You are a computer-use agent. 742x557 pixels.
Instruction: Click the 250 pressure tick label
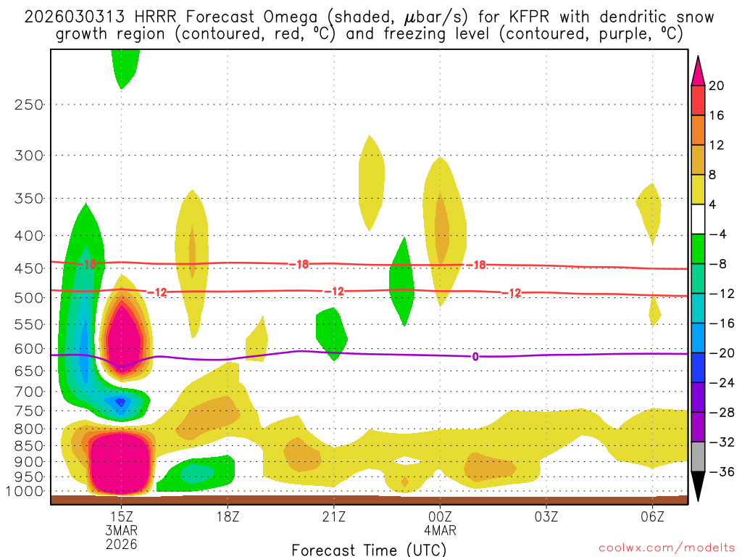29,104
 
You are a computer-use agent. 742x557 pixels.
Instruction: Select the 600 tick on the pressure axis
29,349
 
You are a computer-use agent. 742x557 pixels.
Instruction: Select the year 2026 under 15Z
121,543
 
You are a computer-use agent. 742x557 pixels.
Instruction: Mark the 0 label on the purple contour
475,356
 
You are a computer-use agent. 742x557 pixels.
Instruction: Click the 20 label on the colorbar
717,86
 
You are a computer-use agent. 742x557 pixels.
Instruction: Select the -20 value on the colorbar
720,353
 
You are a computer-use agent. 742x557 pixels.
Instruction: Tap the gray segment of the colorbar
698,457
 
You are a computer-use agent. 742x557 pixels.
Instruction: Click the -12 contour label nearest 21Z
334,292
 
